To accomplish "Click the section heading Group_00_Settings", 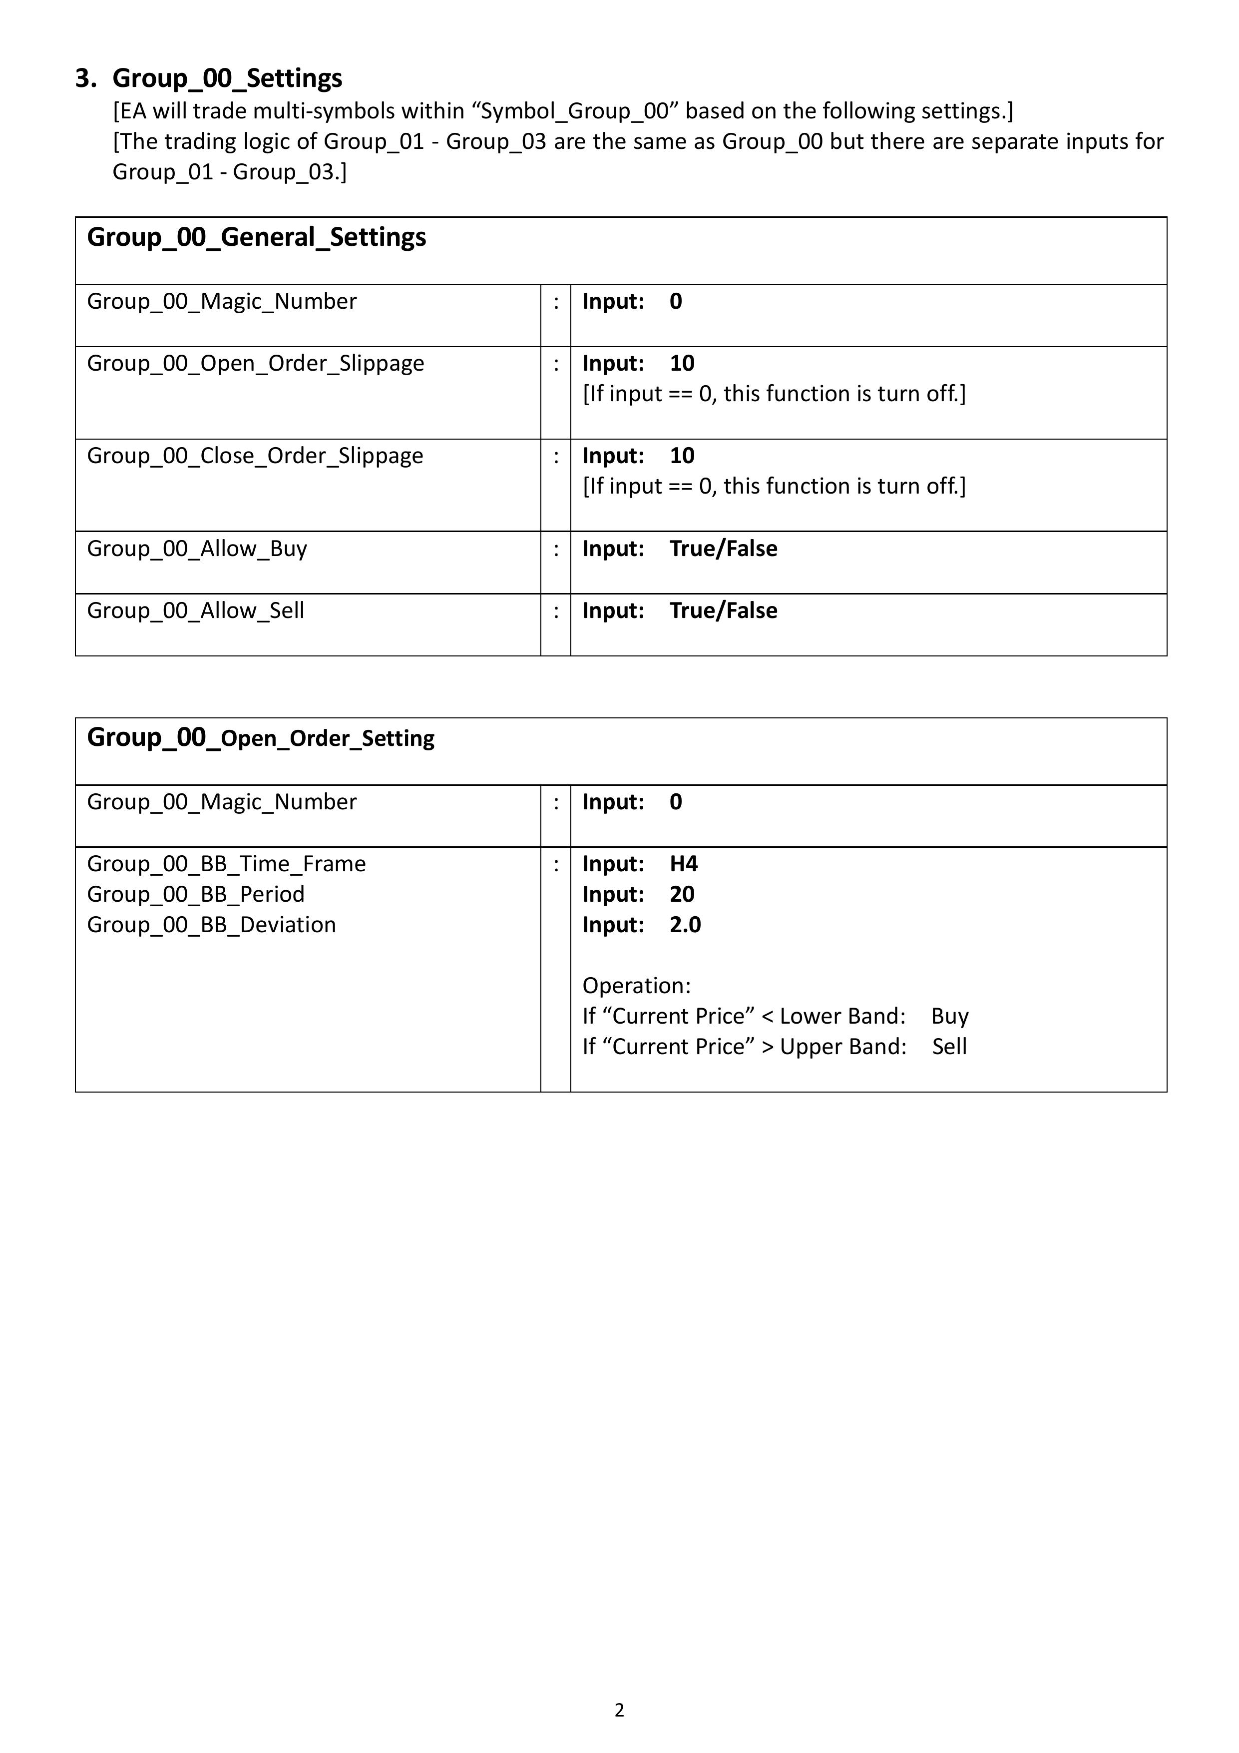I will click(x=227, y=78).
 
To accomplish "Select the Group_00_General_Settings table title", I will click(x=257, y=237).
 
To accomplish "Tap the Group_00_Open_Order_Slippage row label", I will click(x=255, y=363).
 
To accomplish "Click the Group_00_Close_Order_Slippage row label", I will click(x=255, y=456).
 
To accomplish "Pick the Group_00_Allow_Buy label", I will click(x=197, y=549).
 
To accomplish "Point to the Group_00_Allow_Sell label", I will click(x=195, y=611).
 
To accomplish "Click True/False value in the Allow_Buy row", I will click(x=723, y=549).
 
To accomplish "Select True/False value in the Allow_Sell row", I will click(x=723, y=611).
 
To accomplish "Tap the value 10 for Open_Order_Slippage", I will click(x=682, y=363).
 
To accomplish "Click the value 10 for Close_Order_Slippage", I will click(x=682, y=456).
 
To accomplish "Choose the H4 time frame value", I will click(x=683, y=864).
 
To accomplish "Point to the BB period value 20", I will click(x=682, y=895).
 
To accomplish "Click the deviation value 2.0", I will click(x=685, y=925).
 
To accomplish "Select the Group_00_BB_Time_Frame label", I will click(x=226, y=864).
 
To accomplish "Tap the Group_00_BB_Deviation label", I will click(x=211, y=925).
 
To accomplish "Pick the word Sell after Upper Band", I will click(x=949, y=1047).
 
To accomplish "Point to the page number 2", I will click(x=619, y=1710).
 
